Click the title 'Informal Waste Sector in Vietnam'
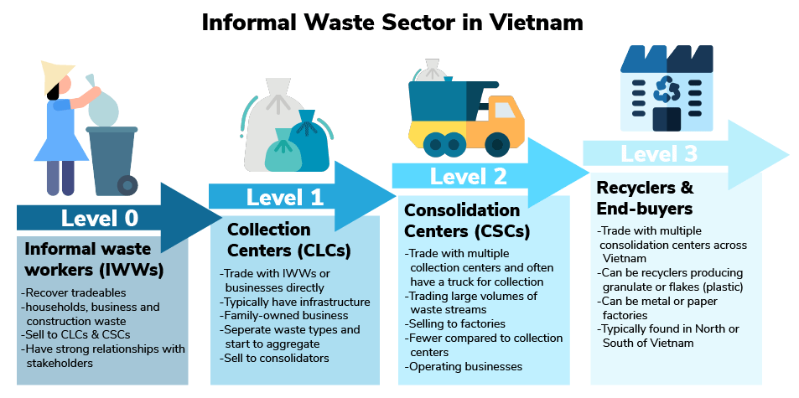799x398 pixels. pos(392,21)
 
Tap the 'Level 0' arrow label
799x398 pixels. pos(99,219)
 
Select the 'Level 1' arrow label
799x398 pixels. pos(284,198)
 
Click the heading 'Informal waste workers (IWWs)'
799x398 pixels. pos(88,259)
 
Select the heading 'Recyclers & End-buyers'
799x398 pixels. pos(645,197)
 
